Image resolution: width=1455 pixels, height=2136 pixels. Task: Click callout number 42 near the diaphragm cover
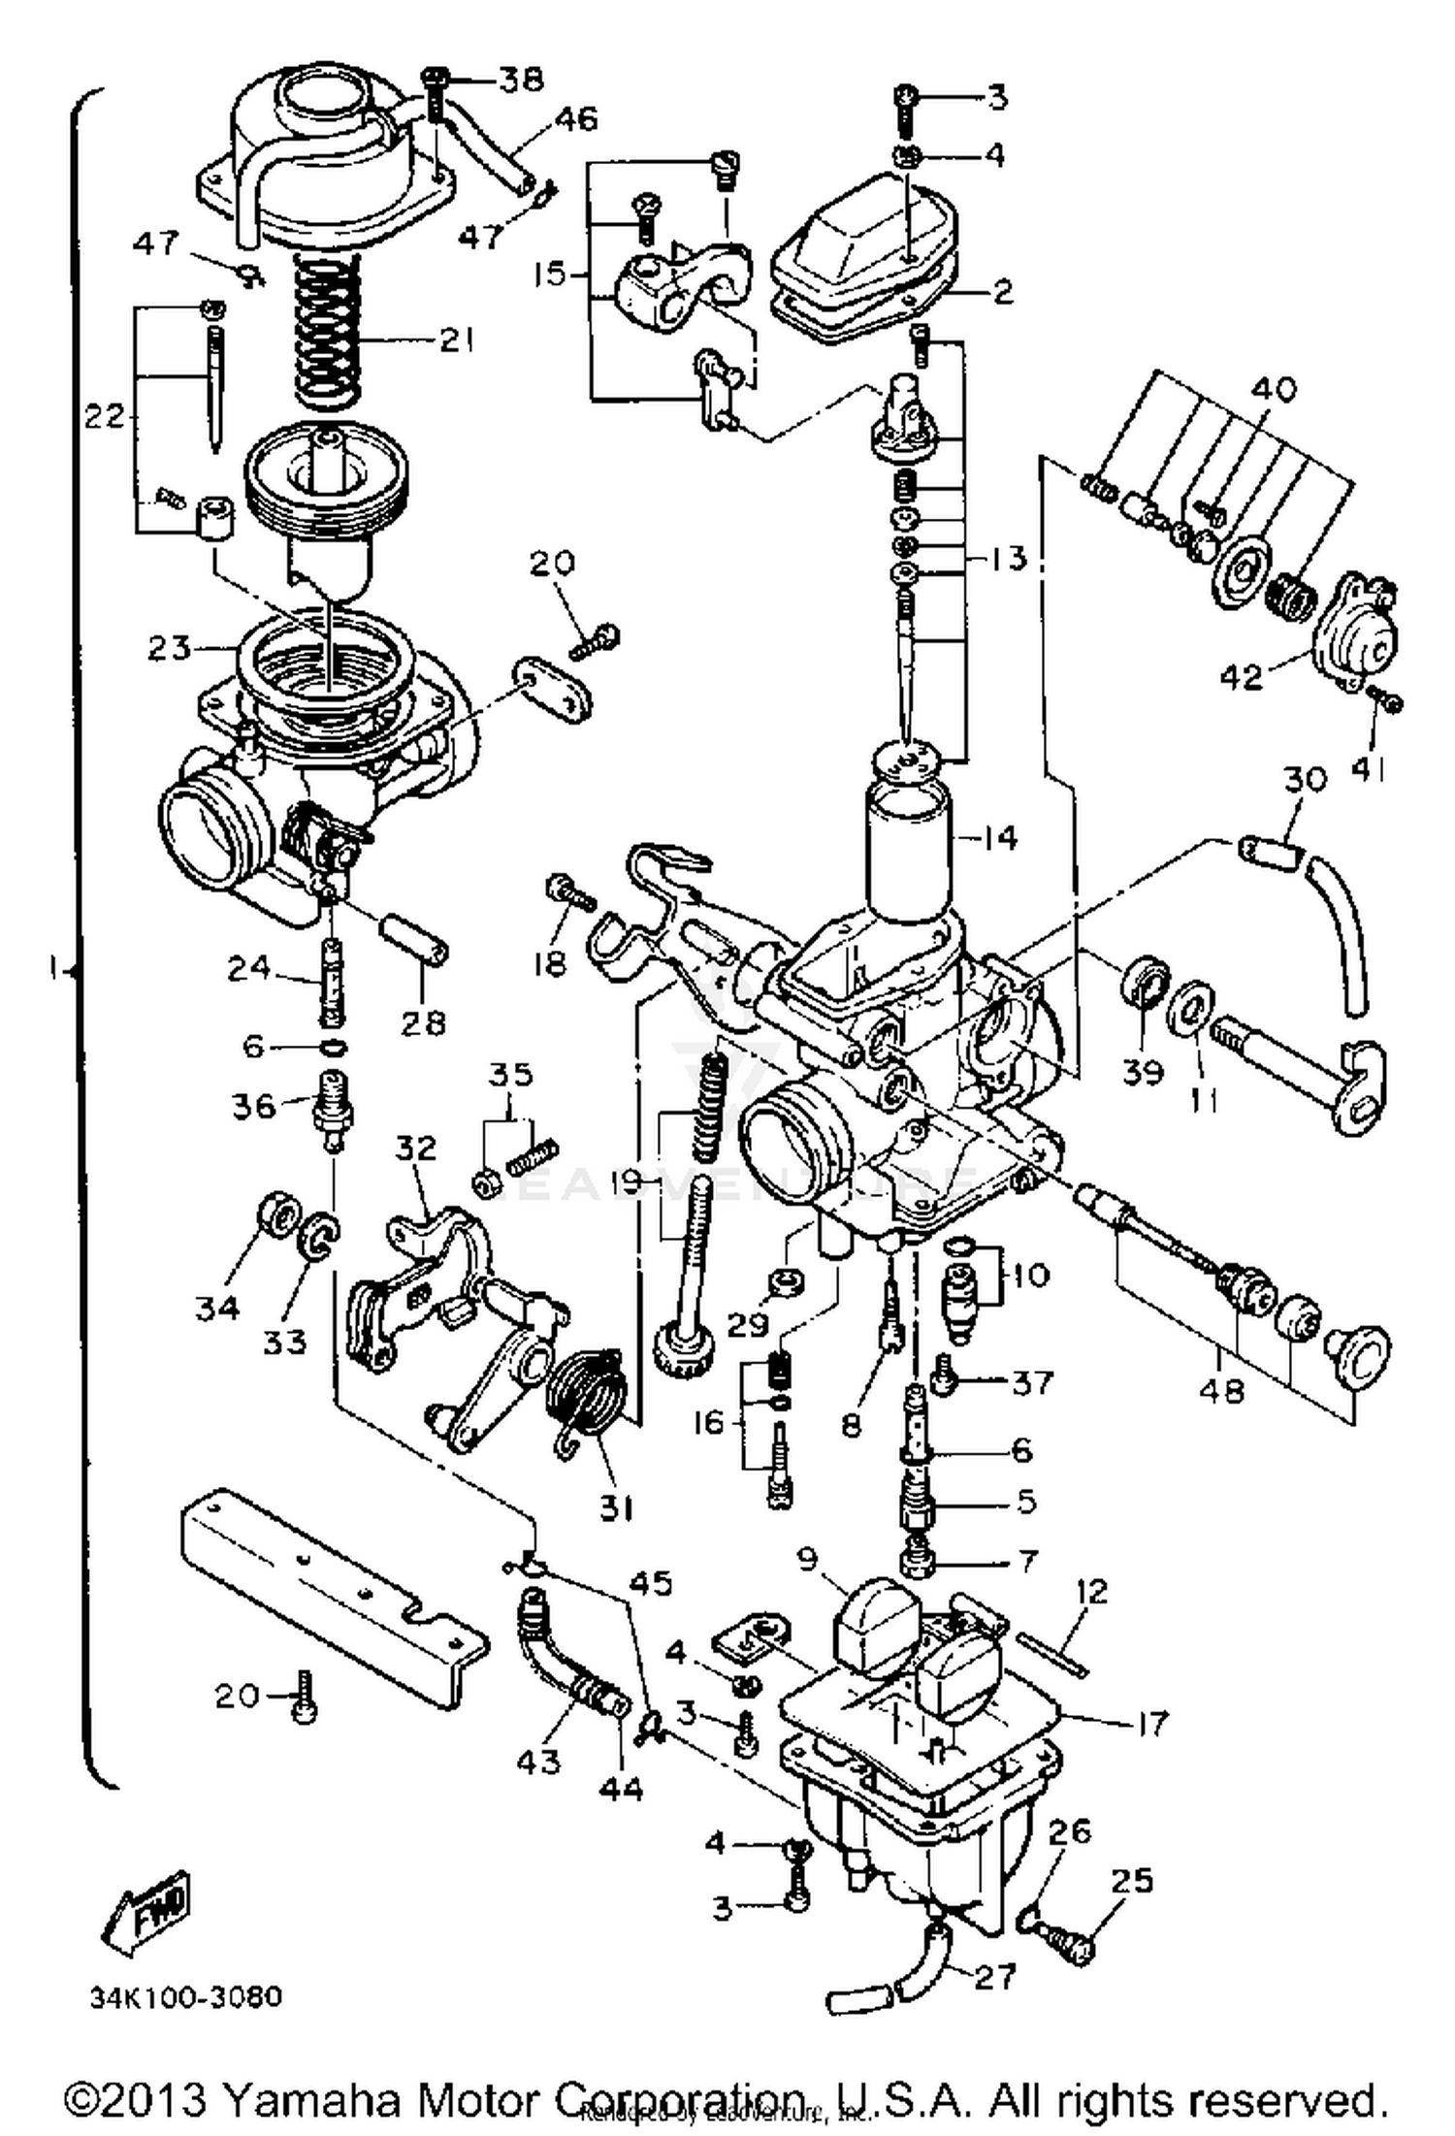[x=1242, y=675]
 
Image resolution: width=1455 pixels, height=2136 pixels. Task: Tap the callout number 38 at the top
[x=522, y=80]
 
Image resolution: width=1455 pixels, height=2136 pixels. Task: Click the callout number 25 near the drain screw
[x=1131, y=1880]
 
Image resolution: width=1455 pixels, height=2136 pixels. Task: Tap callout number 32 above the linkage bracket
[x=415, y=1148]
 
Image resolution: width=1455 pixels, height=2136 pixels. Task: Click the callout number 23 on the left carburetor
[x=169, y=647]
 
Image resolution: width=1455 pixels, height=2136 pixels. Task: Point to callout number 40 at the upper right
[x=1273, y=389]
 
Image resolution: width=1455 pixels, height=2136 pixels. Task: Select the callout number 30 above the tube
[x=1305, y=778]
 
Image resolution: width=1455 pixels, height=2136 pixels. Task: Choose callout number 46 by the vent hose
[x=576, y=118]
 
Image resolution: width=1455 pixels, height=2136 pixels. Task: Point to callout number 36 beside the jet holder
[x=254, y=1105]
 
